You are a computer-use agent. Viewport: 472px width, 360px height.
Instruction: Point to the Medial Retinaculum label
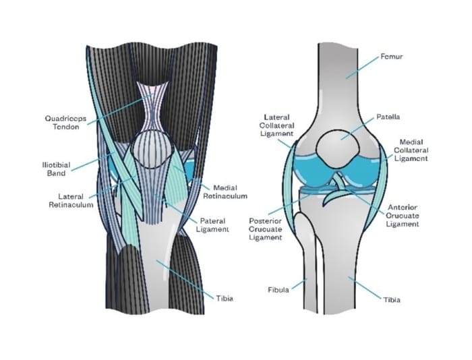coord(230,192)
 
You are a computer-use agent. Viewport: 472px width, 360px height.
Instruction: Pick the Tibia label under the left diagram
coord(225,299)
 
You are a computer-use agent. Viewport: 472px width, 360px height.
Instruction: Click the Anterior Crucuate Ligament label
coord(404,216)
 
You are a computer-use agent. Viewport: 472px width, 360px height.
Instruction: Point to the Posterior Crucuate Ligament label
coord(265,230)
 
